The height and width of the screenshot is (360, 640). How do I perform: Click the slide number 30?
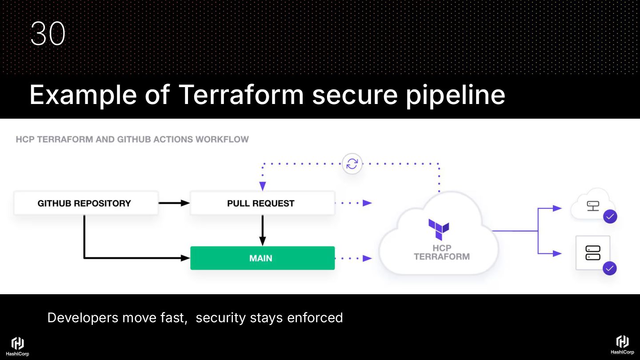48,34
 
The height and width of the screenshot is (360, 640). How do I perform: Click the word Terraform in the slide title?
241,95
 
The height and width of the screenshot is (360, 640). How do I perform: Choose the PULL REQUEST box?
262,203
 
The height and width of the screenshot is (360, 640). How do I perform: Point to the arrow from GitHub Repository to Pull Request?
174,203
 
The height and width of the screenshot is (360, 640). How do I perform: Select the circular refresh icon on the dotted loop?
352,164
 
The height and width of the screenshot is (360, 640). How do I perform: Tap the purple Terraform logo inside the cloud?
439,229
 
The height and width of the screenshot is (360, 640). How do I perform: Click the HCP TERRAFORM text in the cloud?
441,252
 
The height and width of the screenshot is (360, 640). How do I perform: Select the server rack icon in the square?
593,252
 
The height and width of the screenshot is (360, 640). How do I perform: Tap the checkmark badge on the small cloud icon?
610,216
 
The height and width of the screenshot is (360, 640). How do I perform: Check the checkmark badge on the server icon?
610,268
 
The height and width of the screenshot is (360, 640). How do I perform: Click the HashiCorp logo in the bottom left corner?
17,346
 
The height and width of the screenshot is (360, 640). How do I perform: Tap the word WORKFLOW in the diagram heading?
222,140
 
